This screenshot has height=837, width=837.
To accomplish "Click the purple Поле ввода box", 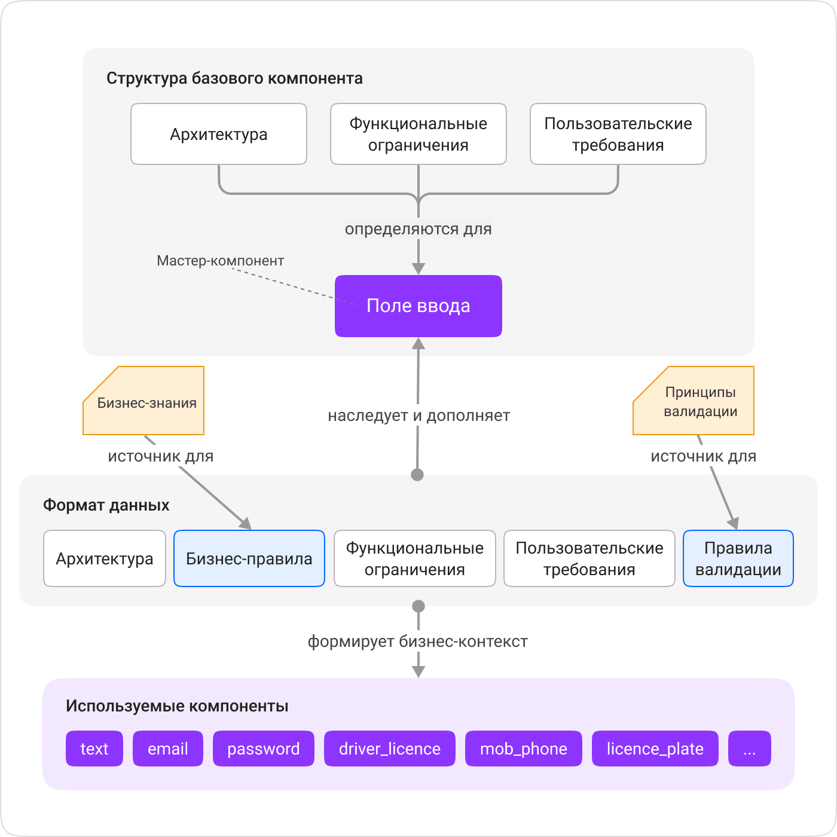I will (418, 306).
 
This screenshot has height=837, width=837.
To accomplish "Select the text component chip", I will (94, 749).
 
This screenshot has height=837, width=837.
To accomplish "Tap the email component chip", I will (168, 749).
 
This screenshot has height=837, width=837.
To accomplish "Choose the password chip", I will (264, 749).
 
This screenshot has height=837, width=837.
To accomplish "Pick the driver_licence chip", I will (390, 749).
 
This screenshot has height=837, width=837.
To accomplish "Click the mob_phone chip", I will (524, 749).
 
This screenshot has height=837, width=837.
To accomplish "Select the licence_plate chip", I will (655, 749).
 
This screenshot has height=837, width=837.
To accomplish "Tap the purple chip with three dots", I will (750, 749).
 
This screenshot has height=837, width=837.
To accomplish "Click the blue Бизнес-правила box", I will (249, 558).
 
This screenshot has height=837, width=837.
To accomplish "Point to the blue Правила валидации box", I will (738, 558).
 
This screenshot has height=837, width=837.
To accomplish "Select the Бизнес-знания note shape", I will (144, 401).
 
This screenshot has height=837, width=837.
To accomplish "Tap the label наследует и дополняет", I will (418, 416).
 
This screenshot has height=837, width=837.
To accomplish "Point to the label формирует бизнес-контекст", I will (418, 642).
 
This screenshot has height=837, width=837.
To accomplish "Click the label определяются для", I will (418, 229).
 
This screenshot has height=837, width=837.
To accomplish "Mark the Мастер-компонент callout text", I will (220, 261).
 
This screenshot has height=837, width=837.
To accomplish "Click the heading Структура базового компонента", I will (234, 78).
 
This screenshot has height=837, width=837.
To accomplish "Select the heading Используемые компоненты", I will (177, 706).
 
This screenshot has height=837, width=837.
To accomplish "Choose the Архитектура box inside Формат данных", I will (105, 558).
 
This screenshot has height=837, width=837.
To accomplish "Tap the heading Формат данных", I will (106, 505).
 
